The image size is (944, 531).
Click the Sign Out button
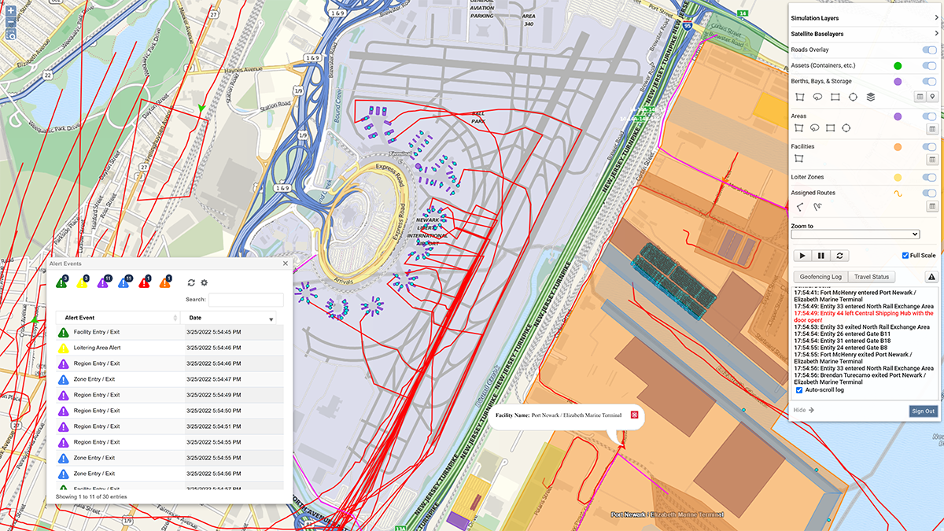(x=924, y=411)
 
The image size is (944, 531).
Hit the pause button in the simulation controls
(x=821, y=256)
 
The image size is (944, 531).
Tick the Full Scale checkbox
(x=905, y=256)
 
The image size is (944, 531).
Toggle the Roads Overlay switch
(x=929, y=50)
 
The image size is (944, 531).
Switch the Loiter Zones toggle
(x=929, y=177)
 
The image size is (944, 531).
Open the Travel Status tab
(x=872, y=277)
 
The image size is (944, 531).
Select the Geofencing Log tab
(x=820, y=277)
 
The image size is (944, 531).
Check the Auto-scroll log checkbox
(x=799, y=390)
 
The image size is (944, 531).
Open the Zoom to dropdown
(x=855, y=234)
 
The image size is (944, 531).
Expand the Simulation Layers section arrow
(x=936, y=18)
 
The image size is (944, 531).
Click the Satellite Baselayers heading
(x=817, y=34)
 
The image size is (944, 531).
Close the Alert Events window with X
(x=286, y=264)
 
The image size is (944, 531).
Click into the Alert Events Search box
(x=245, y=300)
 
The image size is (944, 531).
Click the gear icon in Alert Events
(x=205, y=282)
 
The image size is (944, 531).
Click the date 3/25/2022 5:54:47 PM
(x=213, y=379)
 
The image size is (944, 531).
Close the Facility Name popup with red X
(x=634, y=415)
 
